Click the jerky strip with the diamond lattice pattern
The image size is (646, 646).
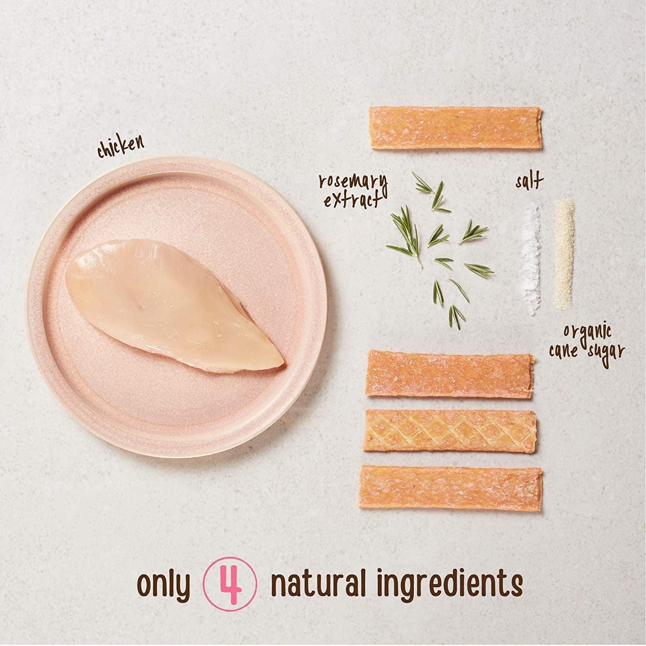click(450, 430)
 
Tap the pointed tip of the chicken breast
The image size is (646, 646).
click(282, 366)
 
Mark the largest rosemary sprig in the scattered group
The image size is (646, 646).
click(405, 235)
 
